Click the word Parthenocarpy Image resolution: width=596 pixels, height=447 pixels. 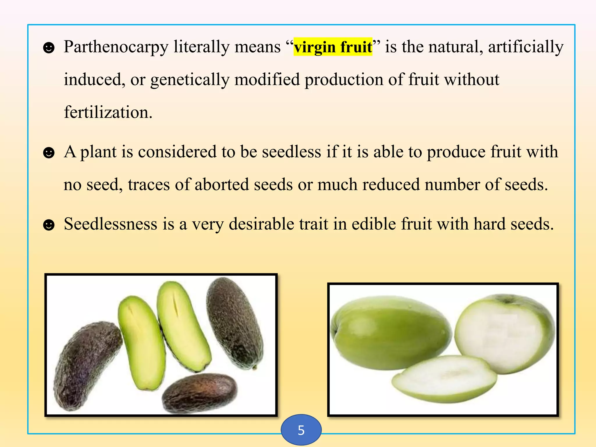(x=116, y=47)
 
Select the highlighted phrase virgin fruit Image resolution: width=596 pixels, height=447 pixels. (x=333, y=47)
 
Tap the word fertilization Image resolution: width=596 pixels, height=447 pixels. (x=108, y=113)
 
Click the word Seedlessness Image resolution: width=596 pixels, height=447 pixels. (x=110, y=224)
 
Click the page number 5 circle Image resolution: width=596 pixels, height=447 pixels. (x=301, y=430)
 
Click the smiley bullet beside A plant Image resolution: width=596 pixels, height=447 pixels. (x=49, y=152)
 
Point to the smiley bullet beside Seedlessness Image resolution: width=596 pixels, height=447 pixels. (x=49, y=225)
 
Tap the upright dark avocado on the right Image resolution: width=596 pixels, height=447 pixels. (x=234, y=323)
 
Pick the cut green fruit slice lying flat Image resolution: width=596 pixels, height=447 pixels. (x=444, y=378)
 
